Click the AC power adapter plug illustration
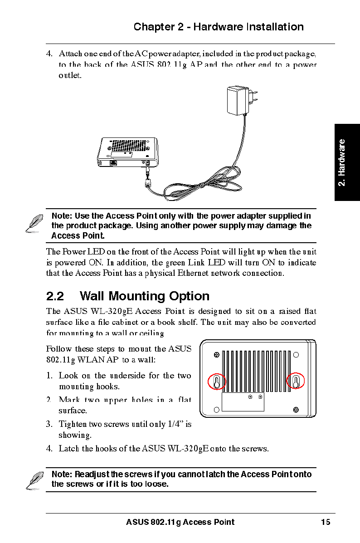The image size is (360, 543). tap(239, 101)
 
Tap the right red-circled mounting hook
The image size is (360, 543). tap(296, 381)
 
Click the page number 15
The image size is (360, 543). tap(326, 522)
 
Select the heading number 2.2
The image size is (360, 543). tap(55, 296)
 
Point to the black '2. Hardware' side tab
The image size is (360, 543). tap(347, 162)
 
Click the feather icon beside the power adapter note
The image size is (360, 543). tap(34, 223)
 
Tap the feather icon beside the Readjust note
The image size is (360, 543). tap(34, 479)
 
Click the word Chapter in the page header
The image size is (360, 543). tap(153, 27)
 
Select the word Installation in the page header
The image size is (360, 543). tap(275, 27)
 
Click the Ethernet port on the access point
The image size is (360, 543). tap(114, 162)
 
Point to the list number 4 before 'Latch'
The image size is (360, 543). tap(49, 449)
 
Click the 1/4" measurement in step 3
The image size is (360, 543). tap(174, 425)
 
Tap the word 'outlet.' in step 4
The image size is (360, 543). tap(70, 75)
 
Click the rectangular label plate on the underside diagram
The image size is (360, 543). tap(243, 402)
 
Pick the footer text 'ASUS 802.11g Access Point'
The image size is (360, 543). tap(180, 522)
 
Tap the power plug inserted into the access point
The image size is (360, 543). tap(147, 170)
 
